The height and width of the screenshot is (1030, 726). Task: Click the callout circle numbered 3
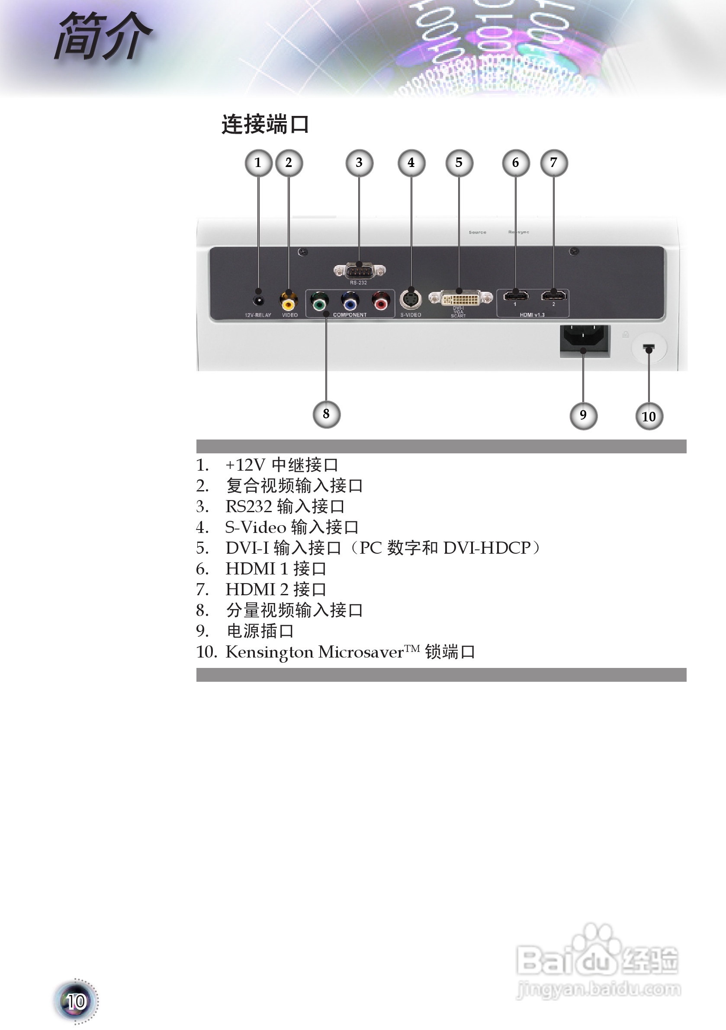359,163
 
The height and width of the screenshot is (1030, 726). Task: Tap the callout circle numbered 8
326,414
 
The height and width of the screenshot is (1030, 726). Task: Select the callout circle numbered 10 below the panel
649,416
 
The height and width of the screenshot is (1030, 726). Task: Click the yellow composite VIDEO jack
289,302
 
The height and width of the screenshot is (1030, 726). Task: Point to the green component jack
319,302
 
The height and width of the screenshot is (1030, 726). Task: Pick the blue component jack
350,302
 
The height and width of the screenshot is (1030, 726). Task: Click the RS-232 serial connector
359,271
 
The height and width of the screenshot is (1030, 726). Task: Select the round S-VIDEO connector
411,299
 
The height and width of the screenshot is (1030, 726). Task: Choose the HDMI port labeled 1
516,295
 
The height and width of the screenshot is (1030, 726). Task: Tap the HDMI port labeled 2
553,295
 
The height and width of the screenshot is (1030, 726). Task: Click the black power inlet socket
584,340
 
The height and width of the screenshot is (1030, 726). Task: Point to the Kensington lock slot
649,347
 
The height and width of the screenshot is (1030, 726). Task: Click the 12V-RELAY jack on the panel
258,301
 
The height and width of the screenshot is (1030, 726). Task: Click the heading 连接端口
265,124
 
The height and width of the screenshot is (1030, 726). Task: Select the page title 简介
103,36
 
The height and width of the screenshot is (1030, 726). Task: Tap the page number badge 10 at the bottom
76,1001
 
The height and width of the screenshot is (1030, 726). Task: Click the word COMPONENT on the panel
350,315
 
